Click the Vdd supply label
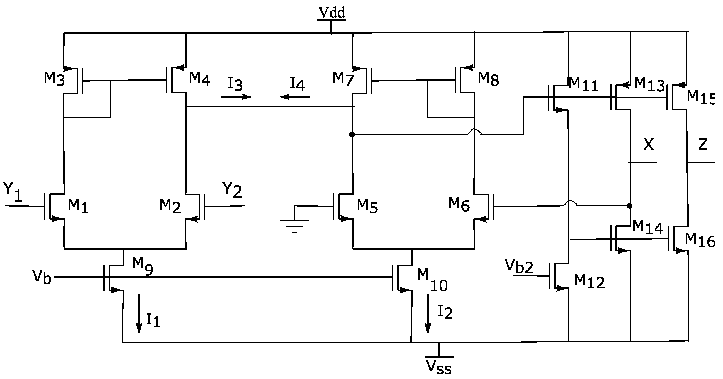(x=331, y=13)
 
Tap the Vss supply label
(x=439, y=367)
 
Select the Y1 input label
(x=13, y=192)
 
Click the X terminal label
(x=648, y=145)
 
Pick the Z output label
(x=703, y=145)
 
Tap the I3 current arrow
(x=236, y=97)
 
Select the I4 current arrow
(x=295, y=97)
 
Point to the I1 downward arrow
(x=139, y=313)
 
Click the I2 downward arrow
(x=428, y=313)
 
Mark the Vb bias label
(x=42, y=277)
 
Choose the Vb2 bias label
(x=519, y=266)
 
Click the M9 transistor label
(x=142, y=266)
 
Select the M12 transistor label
(x=589, y=282)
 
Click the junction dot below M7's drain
(x=352, y=134)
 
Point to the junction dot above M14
(x=630, y=206)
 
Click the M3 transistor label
(x=54, y=79)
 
